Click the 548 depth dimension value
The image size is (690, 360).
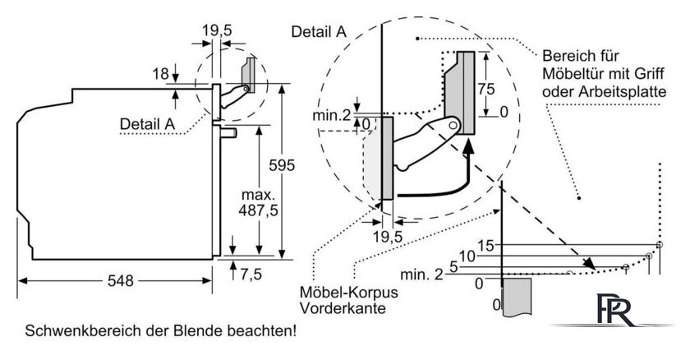[120, 281]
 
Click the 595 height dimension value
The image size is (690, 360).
[282, 165]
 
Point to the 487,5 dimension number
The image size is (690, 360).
[258, 210]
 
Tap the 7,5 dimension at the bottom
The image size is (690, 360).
[251, 275]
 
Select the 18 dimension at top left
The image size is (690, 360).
[161, 74]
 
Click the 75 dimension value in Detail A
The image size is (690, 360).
[486, 90]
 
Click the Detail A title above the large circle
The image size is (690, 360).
[319, 32]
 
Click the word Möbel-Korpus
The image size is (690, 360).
[348, 293]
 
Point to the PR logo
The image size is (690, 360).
[615, 310]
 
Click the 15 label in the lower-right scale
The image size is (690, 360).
[485, 246]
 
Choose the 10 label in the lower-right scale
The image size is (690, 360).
[467, 256]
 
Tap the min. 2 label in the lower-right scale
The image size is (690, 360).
[421, 275]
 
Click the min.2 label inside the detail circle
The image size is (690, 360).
[332, 115]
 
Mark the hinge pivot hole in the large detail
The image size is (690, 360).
[453, 126]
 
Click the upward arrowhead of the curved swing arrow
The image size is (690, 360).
[469, 146]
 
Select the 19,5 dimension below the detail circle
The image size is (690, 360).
[388, 237]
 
